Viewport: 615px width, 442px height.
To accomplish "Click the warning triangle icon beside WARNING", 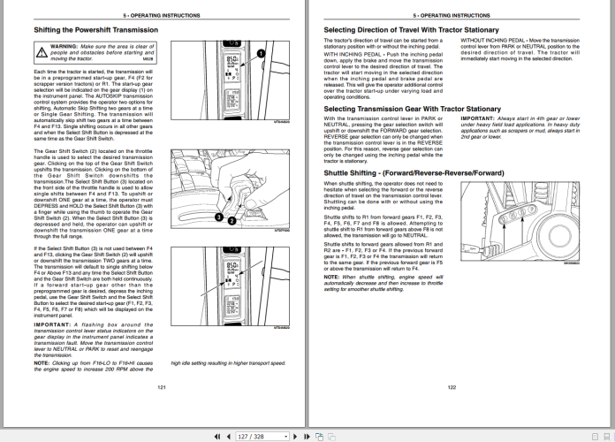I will pyautogui.click(x=40, y=48).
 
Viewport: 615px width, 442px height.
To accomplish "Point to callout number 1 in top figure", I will pyautogui.click(x=262, y=54).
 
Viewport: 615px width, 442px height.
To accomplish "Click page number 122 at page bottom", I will pyautogui.click(x=452, y=387).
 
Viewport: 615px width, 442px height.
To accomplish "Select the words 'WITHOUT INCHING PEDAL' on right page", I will pyautogui.click(x=490, y=41).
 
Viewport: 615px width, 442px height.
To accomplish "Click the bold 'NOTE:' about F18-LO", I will pyautogui.click(x=42, y=362).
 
